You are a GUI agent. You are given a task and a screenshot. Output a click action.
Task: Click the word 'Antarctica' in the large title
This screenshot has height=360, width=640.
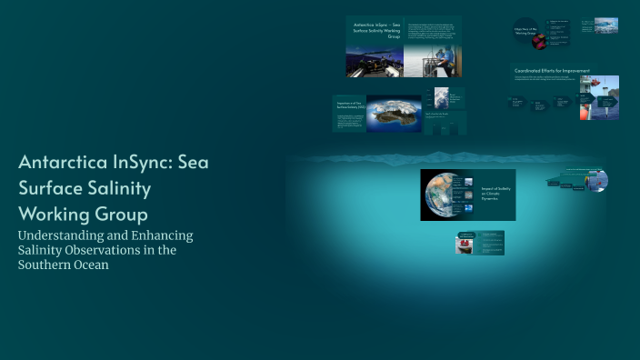pyautogui.click(x=63, y=165)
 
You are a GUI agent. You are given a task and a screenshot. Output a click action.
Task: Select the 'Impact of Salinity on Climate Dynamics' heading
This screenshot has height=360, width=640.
pyautogui.click(x=496, y=192)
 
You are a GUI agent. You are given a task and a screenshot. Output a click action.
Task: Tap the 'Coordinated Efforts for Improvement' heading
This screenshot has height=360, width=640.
pyautogui.click(x=552, y=70)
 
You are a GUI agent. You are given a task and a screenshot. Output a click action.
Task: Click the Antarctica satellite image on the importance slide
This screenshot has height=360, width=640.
pyautogui.click(x=394, y=114)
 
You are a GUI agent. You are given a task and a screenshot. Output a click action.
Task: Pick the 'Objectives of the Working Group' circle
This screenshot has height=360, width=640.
pyautogui.click(x=525, y=35)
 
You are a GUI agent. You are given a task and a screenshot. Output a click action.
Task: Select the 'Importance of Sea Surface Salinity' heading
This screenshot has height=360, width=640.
pyautogui.click(x=351, y=107)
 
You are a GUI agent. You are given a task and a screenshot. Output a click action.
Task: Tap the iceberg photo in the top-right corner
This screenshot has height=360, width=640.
pyautogui.click(x=605, y=25)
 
